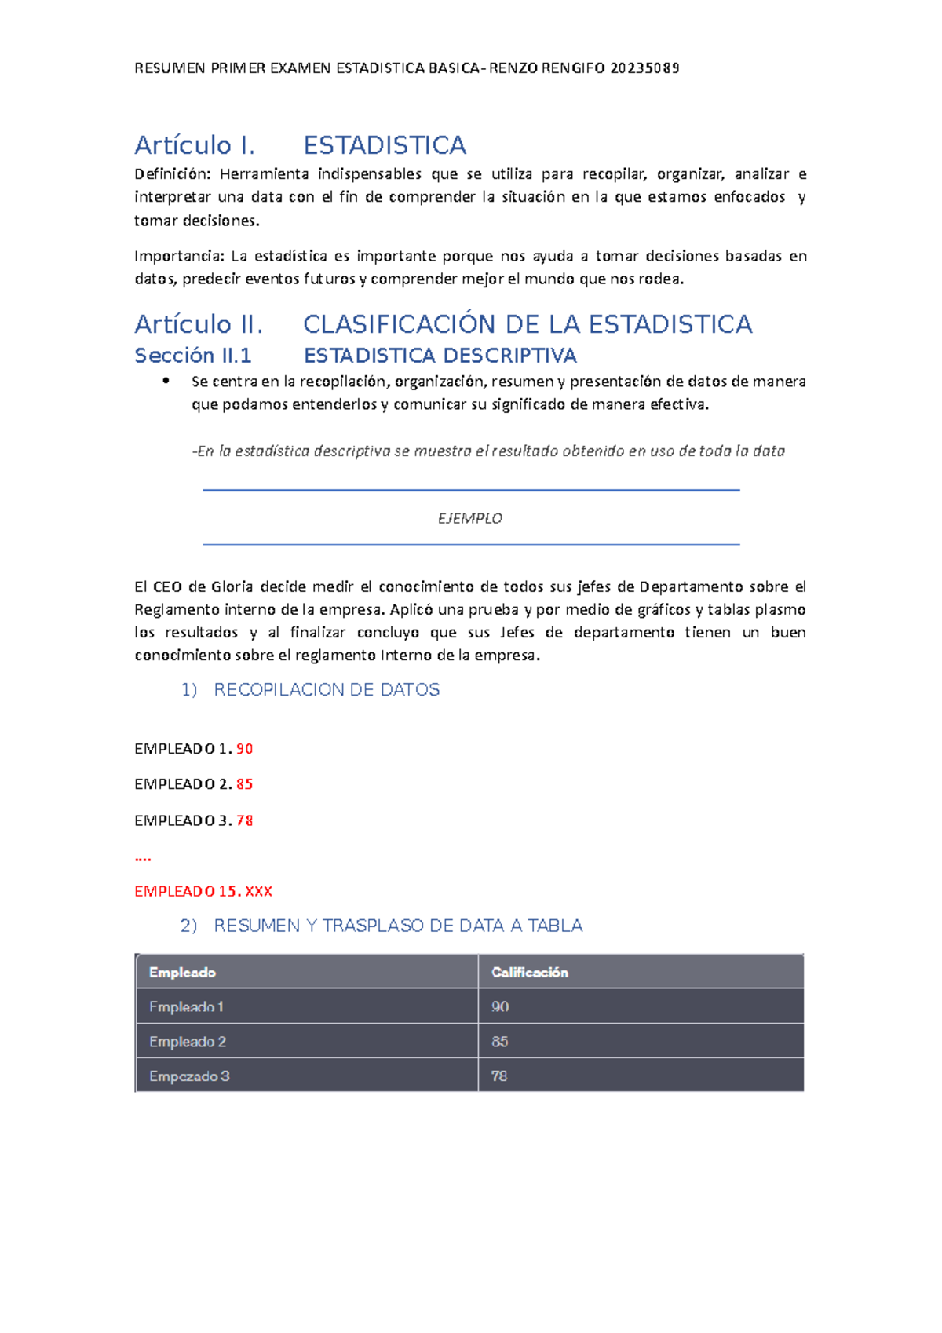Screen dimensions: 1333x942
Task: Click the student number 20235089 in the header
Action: [644, 68]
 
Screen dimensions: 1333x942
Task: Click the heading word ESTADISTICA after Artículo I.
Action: [385, 145]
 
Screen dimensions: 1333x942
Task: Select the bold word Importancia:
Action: [179, 256]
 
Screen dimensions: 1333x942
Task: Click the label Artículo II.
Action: [198, 324]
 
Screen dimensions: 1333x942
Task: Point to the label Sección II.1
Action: [192, 356]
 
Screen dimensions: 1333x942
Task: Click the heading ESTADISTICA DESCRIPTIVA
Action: [440, 356]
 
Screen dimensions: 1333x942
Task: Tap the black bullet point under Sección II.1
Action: [166, 381]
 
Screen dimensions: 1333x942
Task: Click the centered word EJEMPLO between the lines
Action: [469, 518]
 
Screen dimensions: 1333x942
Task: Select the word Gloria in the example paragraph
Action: [232, 586]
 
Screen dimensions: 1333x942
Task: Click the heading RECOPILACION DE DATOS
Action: [327, 689]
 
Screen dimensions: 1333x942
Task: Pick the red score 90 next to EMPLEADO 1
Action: [244, 749]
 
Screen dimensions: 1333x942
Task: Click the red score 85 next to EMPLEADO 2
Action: [244, 784]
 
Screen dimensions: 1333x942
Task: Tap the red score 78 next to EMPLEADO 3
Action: [244, 820]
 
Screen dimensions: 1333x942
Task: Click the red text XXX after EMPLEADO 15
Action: [258, 891]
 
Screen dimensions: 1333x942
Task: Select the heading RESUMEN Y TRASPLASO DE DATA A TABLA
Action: [398, 926]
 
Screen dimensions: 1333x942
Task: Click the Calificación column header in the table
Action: [529, 972]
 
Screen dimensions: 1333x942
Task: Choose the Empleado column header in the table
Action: [182, 972]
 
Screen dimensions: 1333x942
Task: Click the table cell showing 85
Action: [500, 1042]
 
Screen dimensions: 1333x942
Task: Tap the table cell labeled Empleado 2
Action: [188, 1042]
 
